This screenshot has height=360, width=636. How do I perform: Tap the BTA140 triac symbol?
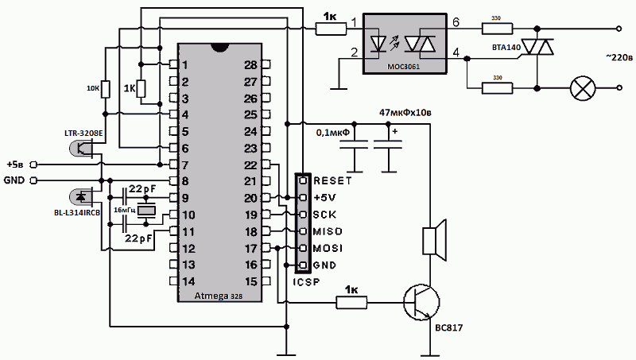tap(537, 49)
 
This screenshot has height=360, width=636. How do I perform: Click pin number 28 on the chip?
tap(251, 64)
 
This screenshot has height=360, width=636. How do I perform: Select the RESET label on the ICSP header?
tap(332, 180)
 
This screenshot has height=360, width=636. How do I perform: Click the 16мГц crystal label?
tap(124, 211)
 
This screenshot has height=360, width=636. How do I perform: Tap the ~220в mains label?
tap(619, 57)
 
